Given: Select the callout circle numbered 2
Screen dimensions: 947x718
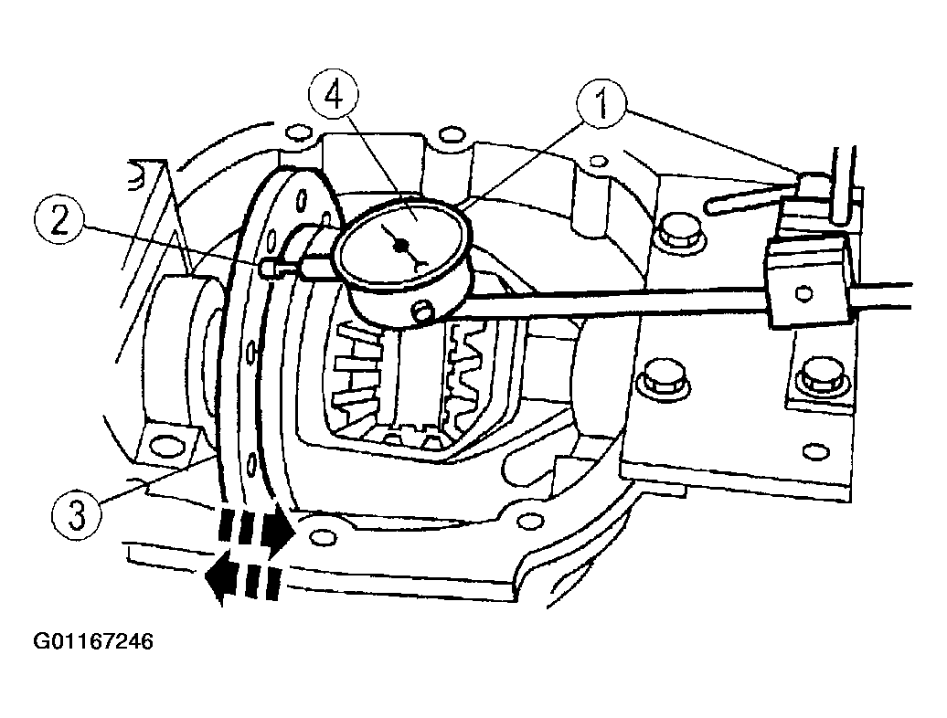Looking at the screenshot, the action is [x=59, y=221].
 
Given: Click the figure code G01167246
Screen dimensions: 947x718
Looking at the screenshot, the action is [x=93, y=640].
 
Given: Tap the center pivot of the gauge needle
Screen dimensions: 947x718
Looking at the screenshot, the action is [x=399, y=245].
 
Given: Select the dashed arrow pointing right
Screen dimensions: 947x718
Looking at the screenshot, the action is [x=256, y=531].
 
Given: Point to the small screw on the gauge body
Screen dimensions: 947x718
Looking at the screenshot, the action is [x=422, y=311].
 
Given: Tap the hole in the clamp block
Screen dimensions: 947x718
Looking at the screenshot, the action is [x=803, y=293].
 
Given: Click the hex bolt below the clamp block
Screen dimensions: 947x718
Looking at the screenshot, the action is [x=820, y=379].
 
